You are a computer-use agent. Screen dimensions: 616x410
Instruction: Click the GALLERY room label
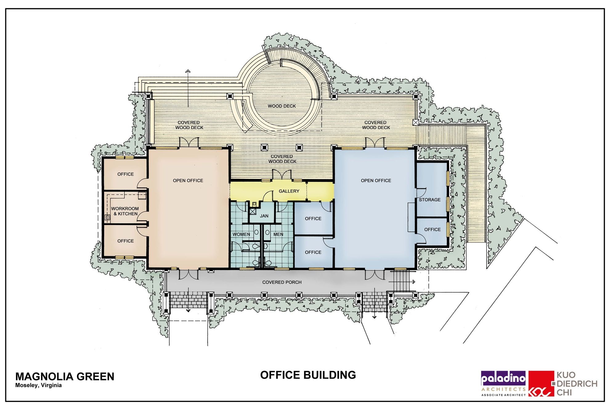click(289, 191)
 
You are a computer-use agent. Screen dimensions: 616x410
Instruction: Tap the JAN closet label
click(264, 216)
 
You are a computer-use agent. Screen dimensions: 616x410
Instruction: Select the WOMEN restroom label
click(241, 234)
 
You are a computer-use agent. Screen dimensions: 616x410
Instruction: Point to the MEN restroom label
click(278, 234)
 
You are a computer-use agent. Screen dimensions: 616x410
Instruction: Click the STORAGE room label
click(430, 200)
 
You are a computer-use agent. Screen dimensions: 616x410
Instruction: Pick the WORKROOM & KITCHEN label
click(125, 211)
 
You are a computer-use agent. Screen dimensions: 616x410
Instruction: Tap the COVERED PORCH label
click(282, 282)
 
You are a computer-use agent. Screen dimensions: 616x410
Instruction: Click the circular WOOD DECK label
click(282, 106)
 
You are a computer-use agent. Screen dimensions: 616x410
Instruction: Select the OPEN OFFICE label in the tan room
click(188, 181)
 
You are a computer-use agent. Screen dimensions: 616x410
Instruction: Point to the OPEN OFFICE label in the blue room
click(376, 181)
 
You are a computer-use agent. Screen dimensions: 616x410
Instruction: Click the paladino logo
click(504, 383)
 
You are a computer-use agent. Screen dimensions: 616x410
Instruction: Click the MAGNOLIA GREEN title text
click(65, 376)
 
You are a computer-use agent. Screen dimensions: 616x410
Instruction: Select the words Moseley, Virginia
click(38, 385)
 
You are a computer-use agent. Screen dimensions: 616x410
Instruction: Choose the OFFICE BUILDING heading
click(308, 375)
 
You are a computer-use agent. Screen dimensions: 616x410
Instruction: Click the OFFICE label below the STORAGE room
click(432, 229)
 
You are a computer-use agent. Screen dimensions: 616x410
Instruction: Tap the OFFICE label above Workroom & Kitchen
click(126, 174)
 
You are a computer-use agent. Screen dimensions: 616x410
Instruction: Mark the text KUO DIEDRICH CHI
click(577, 384)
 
